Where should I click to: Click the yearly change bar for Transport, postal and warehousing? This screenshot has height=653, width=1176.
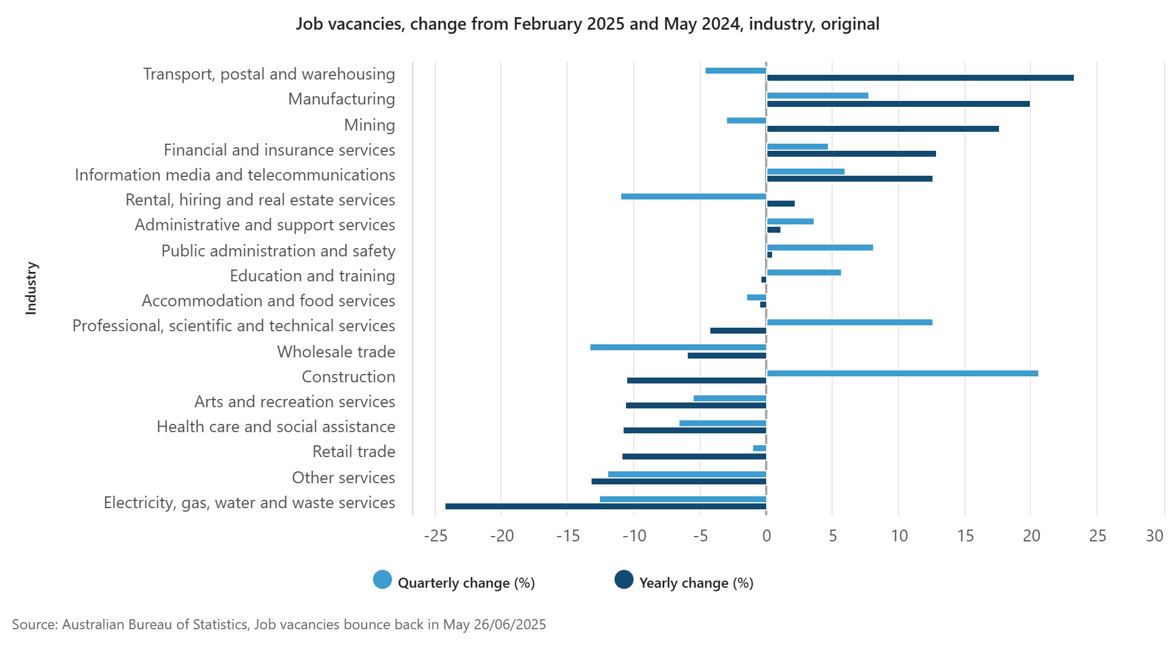[920, 78]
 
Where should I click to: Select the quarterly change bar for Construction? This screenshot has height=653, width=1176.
[902, 373]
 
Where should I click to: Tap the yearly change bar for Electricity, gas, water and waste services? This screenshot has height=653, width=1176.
[606, 506]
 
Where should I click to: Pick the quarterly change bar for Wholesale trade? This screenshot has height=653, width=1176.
[678, 347]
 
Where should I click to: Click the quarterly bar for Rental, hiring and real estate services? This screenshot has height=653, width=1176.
[694, 196]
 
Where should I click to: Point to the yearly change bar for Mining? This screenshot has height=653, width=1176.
[883, 129]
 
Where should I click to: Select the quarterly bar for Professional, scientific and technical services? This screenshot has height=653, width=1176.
[849, 322]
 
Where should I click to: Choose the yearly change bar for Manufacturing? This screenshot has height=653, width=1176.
[898, 104]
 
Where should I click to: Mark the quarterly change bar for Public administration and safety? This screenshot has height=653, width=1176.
[820, 248]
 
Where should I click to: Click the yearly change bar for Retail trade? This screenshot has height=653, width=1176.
[694, 457]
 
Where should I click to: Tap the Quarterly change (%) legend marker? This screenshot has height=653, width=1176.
[382, 580]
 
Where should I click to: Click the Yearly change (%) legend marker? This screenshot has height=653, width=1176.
[624, 580]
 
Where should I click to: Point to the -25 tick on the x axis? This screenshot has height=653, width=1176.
[435, 536]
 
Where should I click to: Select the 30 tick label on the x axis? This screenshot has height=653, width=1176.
[1155, 536]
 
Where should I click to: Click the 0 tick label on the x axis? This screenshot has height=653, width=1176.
[767, 536]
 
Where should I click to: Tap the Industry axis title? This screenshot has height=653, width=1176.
[31, 289]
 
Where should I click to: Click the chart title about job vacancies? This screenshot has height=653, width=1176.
[588, 24]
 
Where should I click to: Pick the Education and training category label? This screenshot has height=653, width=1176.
[312, 276]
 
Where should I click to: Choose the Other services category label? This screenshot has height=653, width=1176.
[343, 478]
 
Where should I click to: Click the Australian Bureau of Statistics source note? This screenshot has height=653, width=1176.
[279, 625]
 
